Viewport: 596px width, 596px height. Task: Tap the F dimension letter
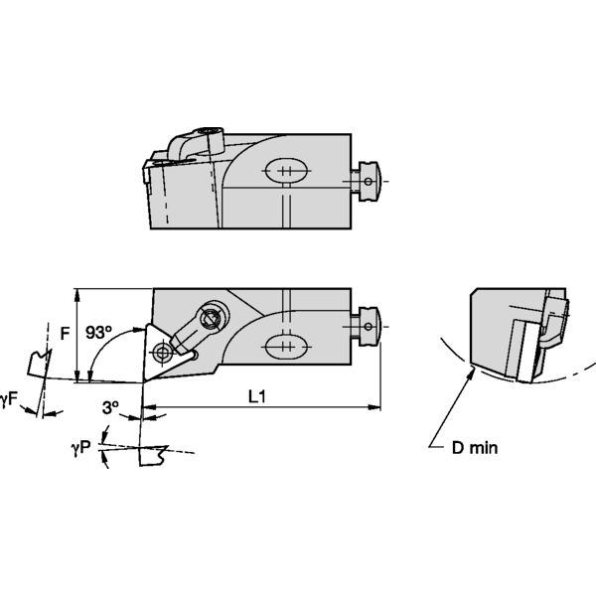coord(65,334)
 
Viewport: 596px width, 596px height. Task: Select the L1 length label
coord(257,396)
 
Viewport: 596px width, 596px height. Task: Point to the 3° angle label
coord(110,407)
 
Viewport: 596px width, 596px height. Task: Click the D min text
coord(475,448)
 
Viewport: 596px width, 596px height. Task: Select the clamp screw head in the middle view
coord(212,320)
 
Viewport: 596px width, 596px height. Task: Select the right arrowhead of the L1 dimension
coord(378,406)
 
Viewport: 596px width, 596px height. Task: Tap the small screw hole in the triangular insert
coord(161,350)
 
